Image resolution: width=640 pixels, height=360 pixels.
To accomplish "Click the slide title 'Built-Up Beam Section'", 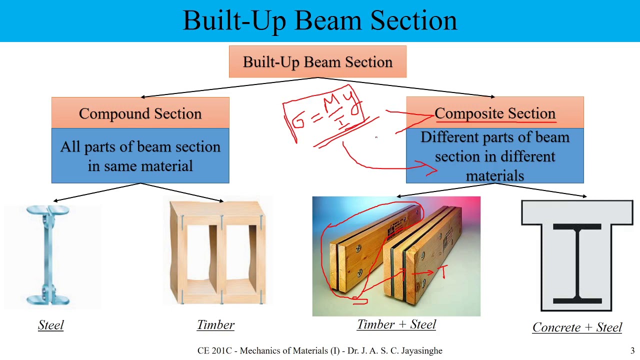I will point(320,21).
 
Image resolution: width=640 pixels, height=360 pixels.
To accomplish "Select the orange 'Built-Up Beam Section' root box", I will point(317,62).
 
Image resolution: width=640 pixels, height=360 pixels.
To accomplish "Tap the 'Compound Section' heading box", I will point(140,113).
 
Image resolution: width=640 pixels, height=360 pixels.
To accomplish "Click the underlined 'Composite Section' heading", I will point(494,113).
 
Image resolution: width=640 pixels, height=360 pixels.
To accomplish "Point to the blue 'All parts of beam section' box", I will point(140,156).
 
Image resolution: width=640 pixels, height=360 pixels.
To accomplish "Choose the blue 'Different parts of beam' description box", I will point(494,156).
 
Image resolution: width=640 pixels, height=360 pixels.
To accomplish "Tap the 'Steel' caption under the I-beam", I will point(51,325).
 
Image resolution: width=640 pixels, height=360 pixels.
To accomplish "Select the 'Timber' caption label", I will point(215,325).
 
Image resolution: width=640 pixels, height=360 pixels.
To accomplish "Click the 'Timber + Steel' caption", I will point(396,324).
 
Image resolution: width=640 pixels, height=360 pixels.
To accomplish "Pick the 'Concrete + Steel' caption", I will point(577,327).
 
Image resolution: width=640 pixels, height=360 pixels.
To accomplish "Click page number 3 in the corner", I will point(632,351).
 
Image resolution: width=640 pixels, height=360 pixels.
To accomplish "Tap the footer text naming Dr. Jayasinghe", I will point(319,351).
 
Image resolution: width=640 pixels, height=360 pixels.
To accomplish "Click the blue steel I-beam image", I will point(48,255).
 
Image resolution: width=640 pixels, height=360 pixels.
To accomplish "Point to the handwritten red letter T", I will point(443,271).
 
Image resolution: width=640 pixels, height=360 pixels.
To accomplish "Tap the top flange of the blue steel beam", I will point(47,210).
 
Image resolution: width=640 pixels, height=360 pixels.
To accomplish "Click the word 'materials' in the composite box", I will point(494,175).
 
